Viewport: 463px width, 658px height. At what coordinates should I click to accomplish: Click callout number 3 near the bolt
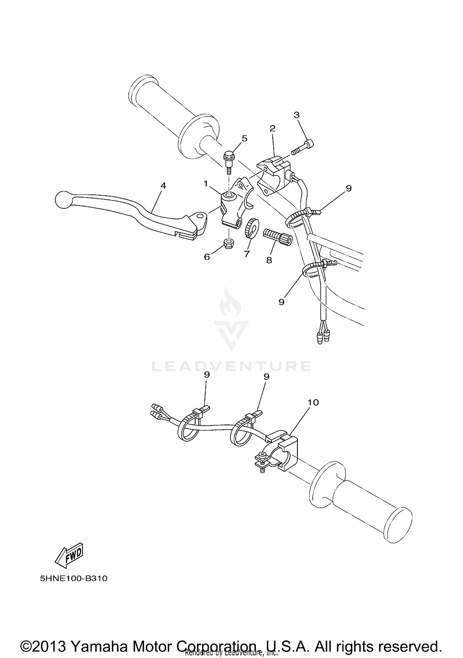pyautogui.click(x=296, y=115)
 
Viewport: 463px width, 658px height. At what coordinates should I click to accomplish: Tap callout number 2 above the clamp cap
pyautogui.click(x=272, y=128)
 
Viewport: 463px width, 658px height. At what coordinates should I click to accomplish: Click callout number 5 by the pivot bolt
pyautogui.click(x=244, y=138)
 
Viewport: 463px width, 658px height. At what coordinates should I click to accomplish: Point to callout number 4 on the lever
pyautogui.click(x=163, y=186)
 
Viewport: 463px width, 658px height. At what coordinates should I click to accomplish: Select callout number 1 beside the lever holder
pyautogui.click(x=206, y=184)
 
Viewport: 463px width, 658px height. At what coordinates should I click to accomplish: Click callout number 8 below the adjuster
pyautogui.click(x=269, y=260)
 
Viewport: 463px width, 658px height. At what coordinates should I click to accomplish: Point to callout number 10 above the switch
pyautogui.click(x=313, y=403)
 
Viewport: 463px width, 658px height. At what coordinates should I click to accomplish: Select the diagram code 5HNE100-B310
pyautogui.click(x=73, y=578)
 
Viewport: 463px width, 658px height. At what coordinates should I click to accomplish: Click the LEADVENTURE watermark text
pyautogui.click(x=231, y=366)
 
